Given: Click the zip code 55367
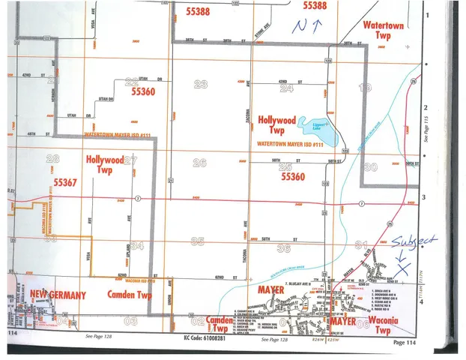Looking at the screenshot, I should pos(65,182).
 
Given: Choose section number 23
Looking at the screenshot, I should pos(200,84).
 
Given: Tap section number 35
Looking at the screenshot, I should pos(198,241).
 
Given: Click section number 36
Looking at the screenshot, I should pos(282,247).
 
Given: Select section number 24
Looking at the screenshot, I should pos(285,88).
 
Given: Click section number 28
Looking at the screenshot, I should pos(52,158).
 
